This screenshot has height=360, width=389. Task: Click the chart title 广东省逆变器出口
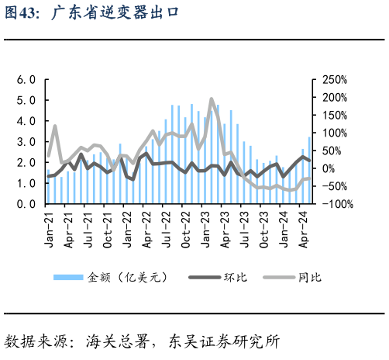tap(115, 14)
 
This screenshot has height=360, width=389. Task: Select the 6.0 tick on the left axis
tap(27, 79)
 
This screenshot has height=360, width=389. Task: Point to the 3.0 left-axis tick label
tap(27, 142)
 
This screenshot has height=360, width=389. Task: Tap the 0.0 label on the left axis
tap(27, 204)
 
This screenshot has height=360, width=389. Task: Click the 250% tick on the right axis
tap(334, 79)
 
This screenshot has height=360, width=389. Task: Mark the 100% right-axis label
tap(334, 133)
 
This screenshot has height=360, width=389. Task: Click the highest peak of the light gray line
tap(212, 99)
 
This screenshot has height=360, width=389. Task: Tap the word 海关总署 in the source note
tap(112, 341)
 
